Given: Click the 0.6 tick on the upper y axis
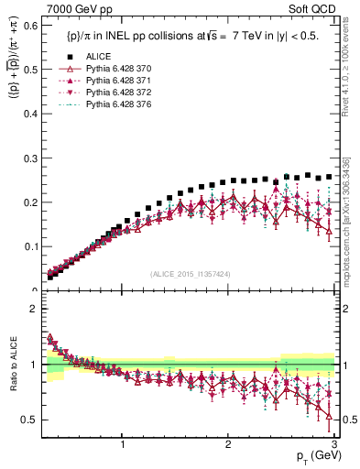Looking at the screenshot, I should (29, 26).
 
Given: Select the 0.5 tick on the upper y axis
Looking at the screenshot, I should (29, 70).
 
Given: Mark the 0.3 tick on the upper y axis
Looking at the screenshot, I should (29, 158).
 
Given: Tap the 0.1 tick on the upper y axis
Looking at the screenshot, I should (29, 246).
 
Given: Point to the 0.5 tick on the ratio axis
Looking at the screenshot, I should (29, 420).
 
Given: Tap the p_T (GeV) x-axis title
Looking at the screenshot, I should (315, 456).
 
